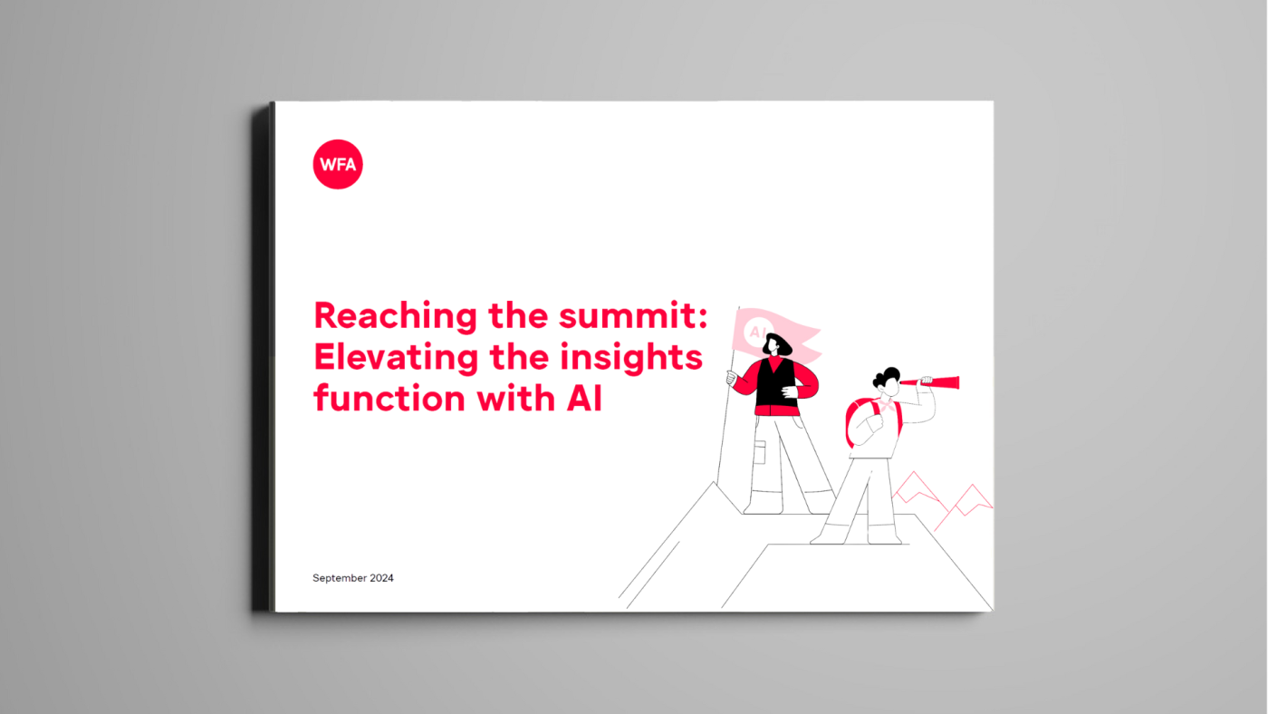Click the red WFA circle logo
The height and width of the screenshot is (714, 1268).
tap(338, 164)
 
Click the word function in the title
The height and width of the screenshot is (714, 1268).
tap(390, 398)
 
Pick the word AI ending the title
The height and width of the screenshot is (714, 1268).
tap(584, 399)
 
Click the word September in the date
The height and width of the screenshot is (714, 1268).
tap(339, 578)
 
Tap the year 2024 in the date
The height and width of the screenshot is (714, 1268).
tap(381, 578)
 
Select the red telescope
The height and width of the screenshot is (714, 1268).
tap(930, 382)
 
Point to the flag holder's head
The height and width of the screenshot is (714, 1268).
tap(776, 344)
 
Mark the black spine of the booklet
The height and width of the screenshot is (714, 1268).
tap(263, 357)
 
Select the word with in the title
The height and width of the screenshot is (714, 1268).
tap(515, 398)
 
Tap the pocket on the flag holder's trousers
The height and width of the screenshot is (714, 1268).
tap(760, 452)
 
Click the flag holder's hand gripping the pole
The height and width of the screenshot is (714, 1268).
tap(732, 378)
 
